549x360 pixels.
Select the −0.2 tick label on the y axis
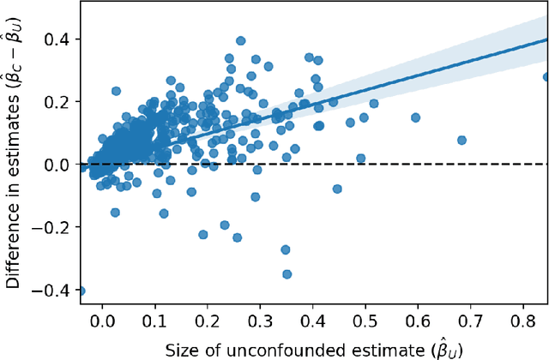click(x=54, y=227)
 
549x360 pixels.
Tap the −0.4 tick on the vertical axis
click(x=54, y=290)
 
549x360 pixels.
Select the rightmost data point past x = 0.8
click(x=546, y=77)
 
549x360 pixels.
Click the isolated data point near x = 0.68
click(x=462, y=140)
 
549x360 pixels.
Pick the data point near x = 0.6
click(x=415, y=117)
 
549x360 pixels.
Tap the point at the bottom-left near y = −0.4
click(x=81, y=291)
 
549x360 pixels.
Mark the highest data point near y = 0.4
click(x=241, y=40)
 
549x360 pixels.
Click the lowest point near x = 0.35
click(x=287, y=274)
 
